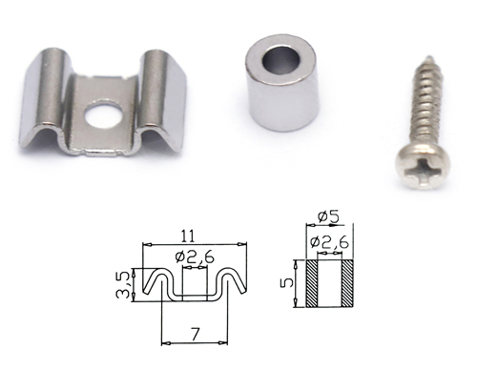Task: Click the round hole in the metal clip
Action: pos(104,114)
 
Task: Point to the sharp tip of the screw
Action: pos(428,57)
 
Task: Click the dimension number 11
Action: pos(188,236)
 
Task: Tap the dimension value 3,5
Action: pos(124,284)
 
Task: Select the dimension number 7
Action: pos(195,334)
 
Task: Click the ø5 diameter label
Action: pos(328,217)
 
